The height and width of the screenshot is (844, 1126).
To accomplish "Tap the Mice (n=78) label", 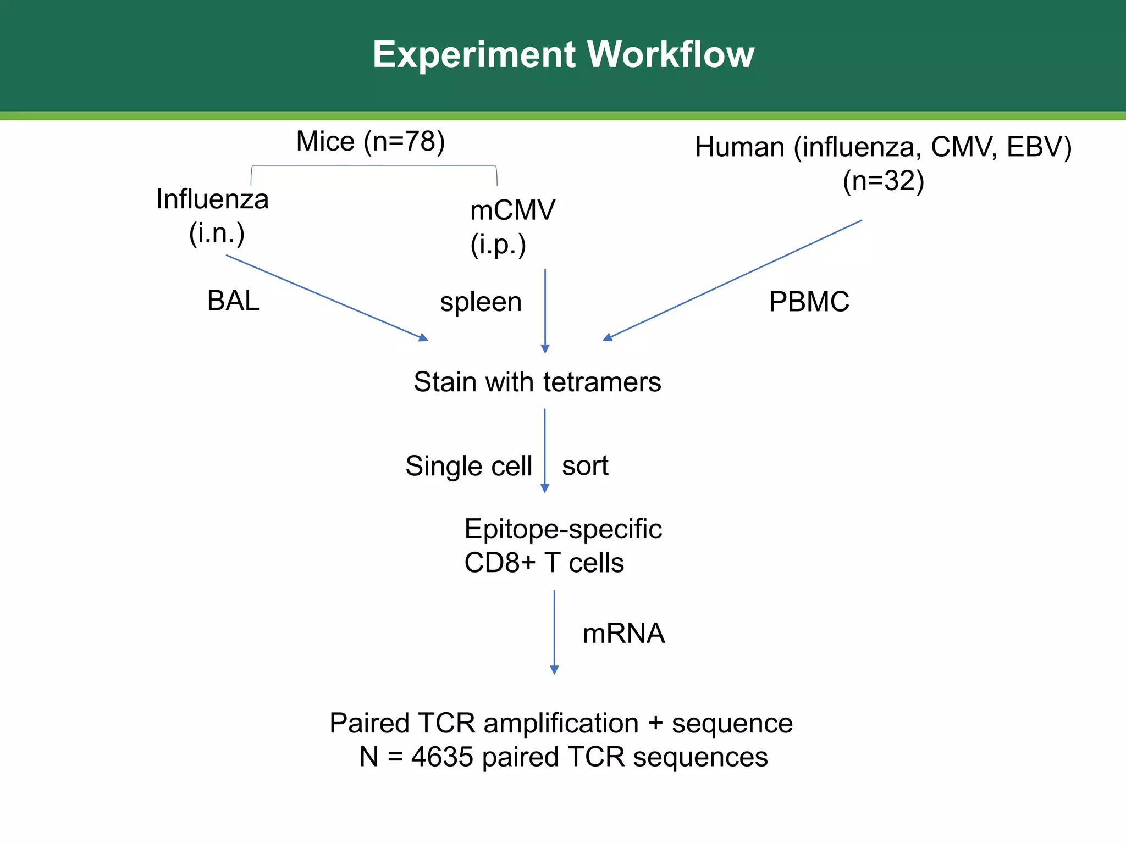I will (370, 141).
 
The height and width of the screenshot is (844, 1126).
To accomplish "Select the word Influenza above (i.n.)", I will (212, 199).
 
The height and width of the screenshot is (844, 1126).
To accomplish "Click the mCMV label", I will (512, 210).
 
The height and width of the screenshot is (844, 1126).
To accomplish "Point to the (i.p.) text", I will (498, 245).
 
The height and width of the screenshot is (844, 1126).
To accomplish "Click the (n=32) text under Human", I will (884, 181).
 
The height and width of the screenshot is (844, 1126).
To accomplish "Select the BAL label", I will (233, 301).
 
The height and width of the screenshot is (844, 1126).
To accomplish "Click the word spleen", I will (481, 302).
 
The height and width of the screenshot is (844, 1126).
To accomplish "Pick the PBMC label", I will (809, 302).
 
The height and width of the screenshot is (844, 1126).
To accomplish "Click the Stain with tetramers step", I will (537, 382).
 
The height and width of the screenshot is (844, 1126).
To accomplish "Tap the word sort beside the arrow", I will (585, 466).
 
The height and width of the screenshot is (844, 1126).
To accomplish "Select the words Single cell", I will (468, 466).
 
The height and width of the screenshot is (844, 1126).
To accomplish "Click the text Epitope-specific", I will (563, 529).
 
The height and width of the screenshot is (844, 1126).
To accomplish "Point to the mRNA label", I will (623, 634).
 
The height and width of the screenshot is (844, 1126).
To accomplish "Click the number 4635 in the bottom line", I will (442, 757).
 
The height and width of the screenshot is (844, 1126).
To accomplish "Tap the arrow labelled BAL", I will (327, 297).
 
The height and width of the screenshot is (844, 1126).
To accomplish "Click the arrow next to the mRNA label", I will (554, 632).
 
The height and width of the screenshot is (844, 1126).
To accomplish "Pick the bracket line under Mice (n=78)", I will (374, 166).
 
